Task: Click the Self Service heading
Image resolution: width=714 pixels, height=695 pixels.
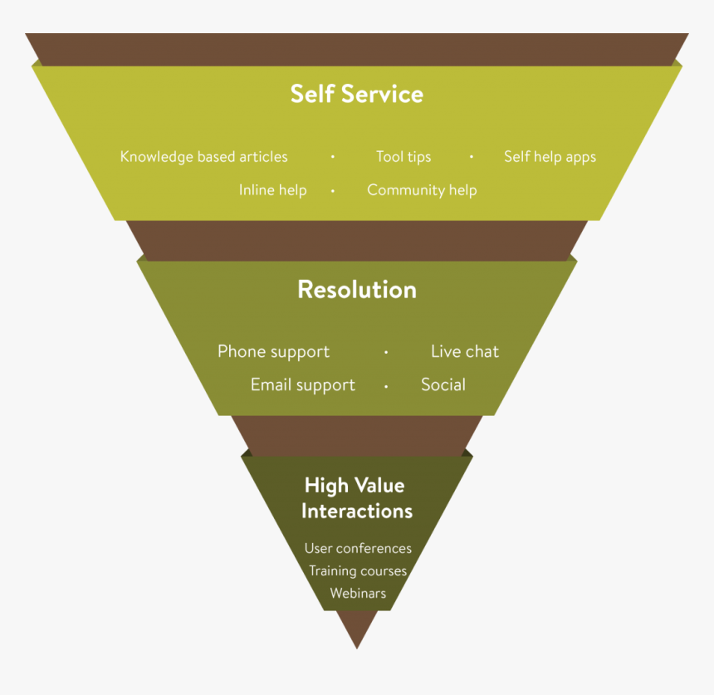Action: pyautogui.click(x=357, y=94)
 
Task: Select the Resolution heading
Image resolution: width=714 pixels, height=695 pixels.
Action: pyautogui.click(x=357, y=290)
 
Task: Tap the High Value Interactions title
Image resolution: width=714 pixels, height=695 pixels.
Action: pyautogui.click(x=357, y=497)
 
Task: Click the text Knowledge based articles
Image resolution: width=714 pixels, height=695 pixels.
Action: pyautogui.click(x=204, y=157)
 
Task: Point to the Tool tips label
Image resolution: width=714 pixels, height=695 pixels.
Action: pyautogui.click(x=403, y=157)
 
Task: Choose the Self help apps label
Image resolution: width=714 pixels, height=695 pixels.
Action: pyautogui.click(x=550, y=157)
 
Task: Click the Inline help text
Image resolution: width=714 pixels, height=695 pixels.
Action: pyautogui.click(x=272, y=190)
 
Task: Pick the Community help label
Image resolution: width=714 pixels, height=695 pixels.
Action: pyautogui.click(x=422, y=190)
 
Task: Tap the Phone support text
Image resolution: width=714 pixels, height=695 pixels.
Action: pyautogui.click(x=273, y=352)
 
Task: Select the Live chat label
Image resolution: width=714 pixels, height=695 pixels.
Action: pyautogui.click(x=465, y=352)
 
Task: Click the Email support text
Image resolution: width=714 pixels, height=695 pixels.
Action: pyautogui.click(x=303, y=385)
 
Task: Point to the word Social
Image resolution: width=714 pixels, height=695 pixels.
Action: pyautogui.click(x=443, y=385)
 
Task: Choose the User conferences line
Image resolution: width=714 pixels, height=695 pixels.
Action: pyautogui.click(x=358, y=548)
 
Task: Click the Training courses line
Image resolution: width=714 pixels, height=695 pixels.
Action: pyautogui.click(x=358, y=571)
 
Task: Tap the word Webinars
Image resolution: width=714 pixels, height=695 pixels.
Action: pyautogui.click(x=358, y=594)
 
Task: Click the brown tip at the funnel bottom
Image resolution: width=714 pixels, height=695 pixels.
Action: pyautogui.click(x=358, y=631)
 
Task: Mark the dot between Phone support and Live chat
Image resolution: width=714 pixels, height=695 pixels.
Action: pyautogui.click(x=386, y=353)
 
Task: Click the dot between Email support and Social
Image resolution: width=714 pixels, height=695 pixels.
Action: pyautogui.click(x=386, y=386)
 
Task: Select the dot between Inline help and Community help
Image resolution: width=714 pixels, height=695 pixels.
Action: pyautogui.click(x=333, y=191)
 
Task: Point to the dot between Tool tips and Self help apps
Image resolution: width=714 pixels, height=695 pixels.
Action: pyautogui.click(x=472, y=157)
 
